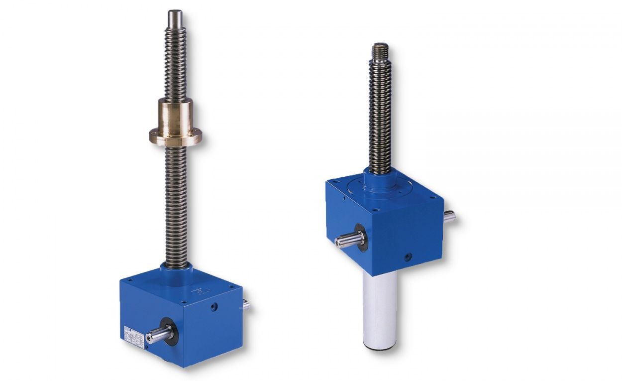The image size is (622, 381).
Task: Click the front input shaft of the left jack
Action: (158, 335)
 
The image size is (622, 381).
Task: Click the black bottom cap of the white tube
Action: (379, 347)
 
